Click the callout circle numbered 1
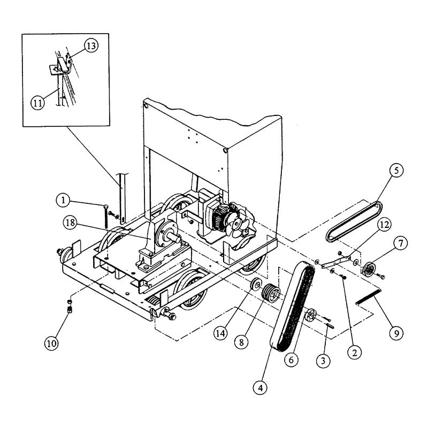click(x=63, y=201)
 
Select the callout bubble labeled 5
click(x=396, y=171)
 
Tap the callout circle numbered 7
click(x=399, y=244)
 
